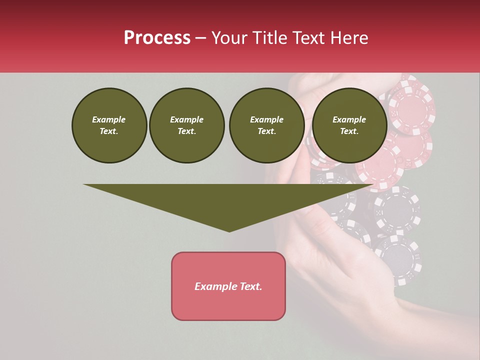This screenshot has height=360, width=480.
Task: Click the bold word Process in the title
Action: pyautogui.click(x=157, y=38)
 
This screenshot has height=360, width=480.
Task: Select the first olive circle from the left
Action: pyautogui.click(x=109, y=125)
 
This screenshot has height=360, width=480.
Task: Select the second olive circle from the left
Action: pyautogui.click(x=187, y=125)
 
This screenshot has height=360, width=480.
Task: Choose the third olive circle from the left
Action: pyautogui.click(x=267, y=125)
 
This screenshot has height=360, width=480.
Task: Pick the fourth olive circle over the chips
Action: pyautogui.click(x=349, y=125)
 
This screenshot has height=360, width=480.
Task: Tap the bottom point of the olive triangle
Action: pyautogui.click(x=229, y=231)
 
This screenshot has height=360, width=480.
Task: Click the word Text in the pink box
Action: pyautogui.click(x=250, y=286)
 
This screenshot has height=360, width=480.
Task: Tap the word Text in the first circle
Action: pyautogui.click(x=109, y=131)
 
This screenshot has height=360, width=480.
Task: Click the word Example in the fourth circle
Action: pyautogui.click(x=349, y=119)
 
